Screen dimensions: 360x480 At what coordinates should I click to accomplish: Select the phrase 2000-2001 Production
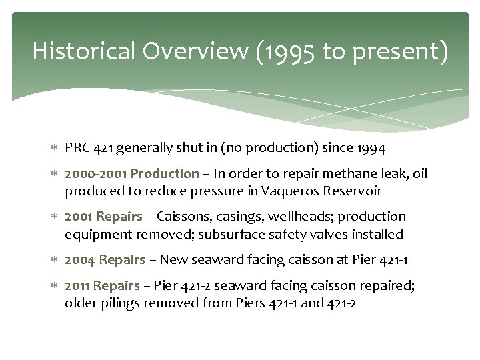pyautogui.click(x=131, y=174)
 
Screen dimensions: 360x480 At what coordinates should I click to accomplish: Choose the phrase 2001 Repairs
pyautogui.click(x=103, y=217)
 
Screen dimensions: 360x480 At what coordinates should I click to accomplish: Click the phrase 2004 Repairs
pyautogui.click(x=105, y=259)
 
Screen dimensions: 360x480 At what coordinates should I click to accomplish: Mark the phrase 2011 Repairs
pyautogui.click(x=102, y=285)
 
